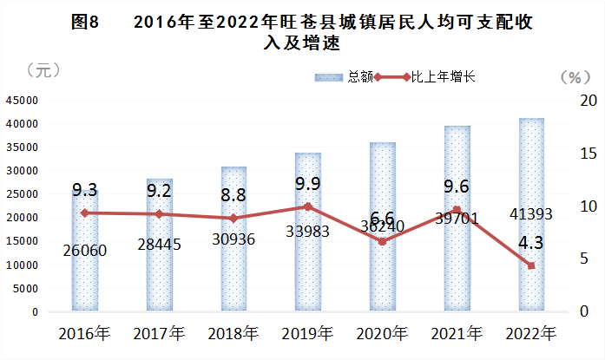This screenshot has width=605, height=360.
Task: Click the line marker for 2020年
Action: coord(383,241)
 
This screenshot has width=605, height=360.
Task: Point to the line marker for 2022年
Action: coord(531,265)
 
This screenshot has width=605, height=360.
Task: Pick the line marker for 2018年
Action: coord(234,219)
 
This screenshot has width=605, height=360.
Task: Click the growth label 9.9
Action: coord(308,184)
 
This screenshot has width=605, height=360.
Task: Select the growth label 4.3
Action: coord(532,244)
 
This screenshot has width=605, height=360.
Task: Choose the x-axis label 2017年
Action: coord(160,333)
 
